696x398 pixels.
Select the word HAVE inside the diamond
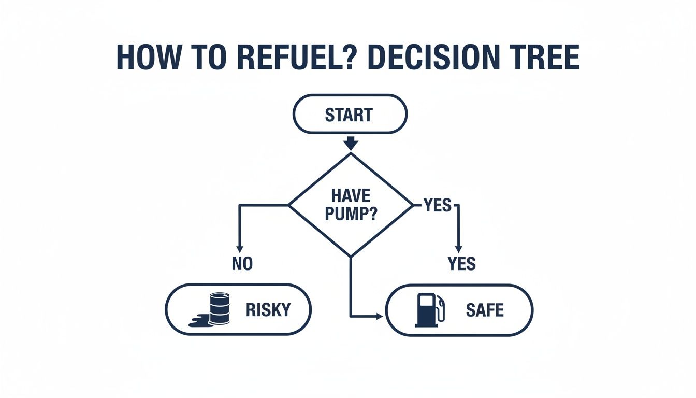pos(350,196)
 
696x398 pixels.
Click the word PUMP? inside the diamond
pos(350,214)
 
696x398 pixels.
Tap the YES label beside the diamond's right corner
pos(438,206)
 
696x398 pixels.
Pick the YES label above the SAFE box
pos(461,264)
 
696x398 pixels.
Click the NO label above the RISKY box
pos(242,264)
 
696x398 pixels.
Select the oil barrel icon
pos(219,308)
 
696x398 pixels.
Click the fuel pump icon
pos(429,310)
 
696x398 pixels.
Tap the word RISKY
pos(268,310)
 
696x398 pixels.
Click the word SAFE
pos(485,310)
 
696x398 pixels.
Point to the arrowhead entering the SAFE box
pos(380,316)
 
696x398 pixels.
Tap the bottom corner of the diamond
pos(351,255)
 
